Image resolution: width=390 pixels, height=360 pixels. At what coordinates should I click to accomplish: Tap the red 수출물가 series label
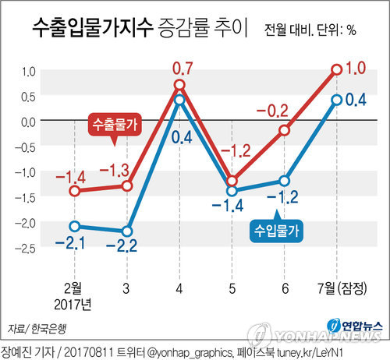click(113, 125)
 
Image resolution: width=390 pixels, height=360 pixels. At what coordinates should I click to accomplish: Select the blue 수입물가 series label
click(278, 229)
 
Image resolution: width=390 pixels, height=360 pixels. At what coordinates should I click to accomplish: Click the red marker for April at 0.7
click(179, 85)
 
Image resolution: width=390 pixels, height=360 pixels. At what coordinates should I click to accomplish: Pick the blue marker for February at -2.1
click(75, 227)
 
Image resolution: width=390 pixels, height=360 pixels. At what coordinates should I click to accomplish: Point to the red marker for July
click(337, 69)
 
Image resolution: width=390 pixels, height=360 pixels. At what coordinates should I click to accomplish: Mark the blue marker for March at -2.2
click(127, 231)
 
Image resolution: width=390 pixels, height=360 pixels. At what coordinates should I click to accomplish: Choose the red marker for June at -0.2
click(285, 130)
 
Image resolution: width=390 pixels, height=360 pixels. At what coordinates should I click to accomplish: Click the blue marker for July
click(337, 100)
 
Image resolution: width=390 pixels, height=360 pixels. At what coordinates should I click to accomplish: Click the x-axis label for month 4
click(179, 288)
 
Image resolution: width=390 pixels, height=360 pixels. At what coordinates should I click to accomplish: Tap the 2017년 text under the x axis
click(75, 302)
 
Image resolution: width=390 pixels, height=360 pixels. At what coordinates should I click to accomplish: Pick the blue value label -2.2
click(127, 248)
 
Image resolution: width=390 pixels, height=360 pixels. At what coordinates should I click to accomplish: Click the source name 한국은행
click(49, 327)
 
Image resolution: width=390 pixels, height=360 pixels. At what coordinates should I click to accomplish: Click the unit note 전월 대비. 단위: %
click(310, 32)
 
